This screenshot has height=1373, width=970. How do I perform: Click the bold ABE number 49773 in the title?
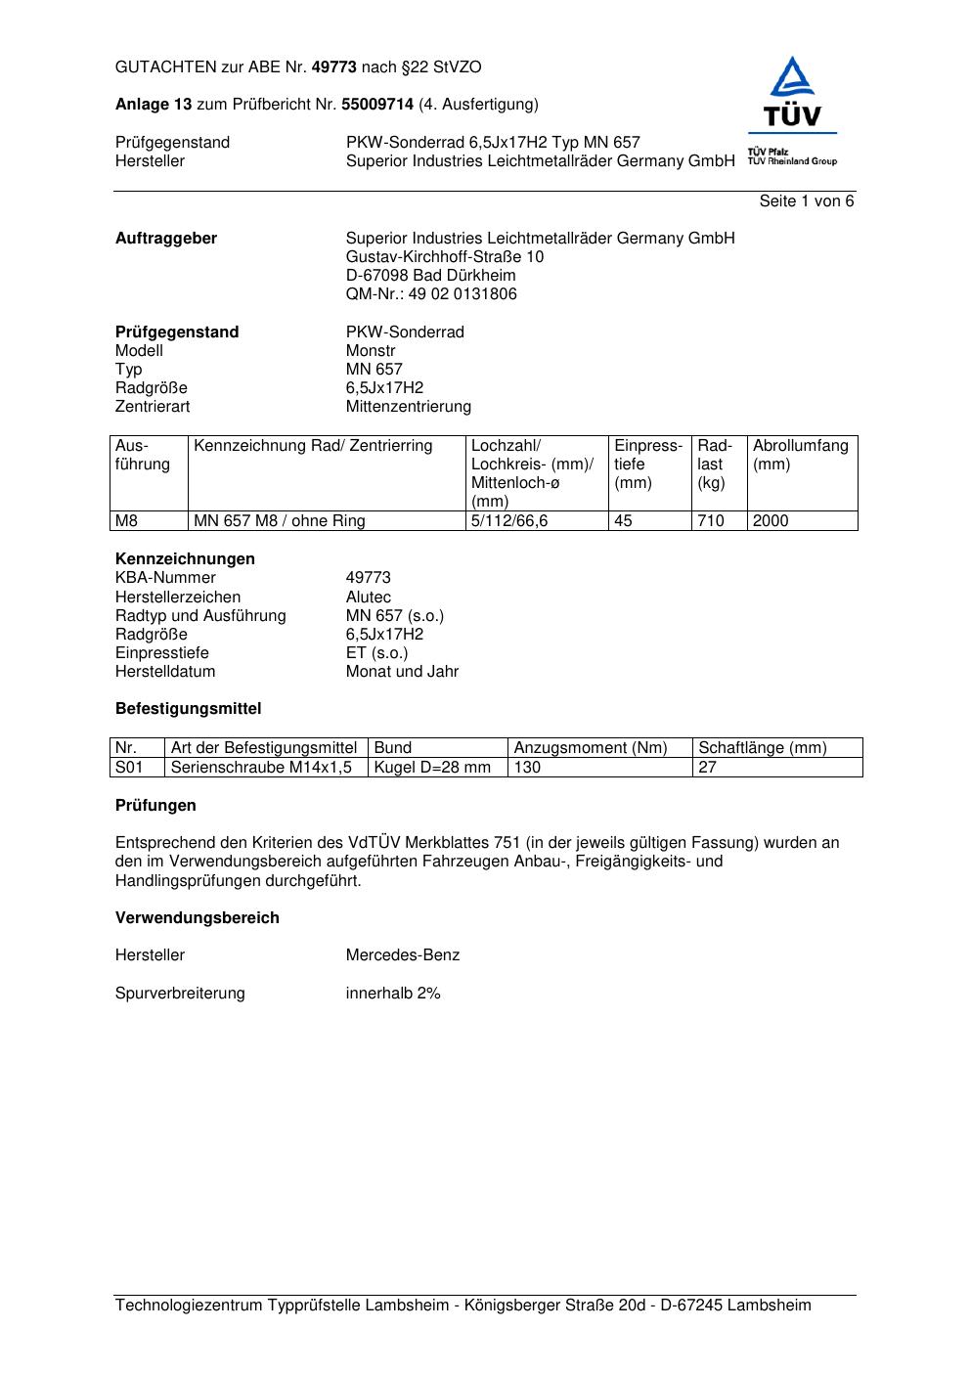(x=333, y=67)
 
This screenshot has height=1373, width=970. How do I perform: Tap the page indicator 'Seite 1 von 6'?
(x=806, y=201)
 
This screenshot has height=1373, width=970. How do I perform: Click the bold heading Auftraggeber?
(x=166, y=239)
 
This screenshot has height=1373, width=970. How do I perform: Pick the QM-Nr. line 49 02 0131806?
(x=431, y=294)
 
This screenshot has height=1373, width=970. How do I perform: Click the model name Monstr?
(x=371, y=351)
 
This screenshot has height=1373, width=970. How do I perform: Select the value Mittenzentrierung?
(x=408, y=407)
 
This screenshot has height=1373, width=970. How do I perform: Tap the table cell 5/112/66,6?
(x=509, y=521)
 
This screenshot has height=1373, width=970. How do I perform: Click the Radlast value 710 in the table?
(x=711, y=521)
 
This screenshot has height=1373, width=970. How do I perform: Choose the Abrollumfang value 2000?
(x=771, y=521)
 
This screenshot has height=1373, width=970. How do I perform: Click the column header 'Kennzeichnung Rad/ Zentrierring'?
(x=313, y=447)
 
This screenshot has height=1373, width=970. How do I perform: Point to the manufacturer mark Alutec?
(x=368, y=598)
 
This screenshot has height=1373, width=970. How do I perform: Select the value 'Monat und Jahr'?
(x=402, y=672)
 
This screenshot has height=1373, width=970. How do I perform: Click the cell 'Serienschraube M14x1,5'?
(x=261, y=768)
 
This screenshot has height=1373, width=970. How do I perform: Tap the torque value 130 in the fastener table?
(x=527, y=768)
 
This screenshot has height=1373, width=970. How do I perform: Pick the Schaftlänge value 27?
(x=707, y=768)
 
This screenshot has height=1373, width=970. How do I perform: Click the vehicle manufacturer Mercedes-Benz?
(x=402, y=955)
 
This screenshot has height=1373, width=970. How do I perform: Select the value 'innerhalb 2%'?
(x=393, y=994)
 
